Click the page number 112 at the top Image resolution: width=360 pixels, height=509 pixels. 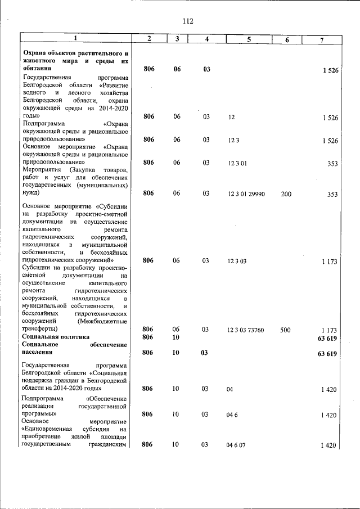(x=187, y=21)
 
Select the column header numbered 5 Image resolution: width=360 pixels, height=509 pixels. (x=248, y=39)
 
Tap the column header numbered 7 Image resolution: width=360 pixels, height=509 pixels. (x=321, y=39)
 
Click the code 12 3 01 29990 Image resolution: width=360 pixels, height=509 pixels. (x=246, y=194)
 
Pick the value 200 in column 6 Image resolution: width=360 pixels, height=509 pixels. (x=286, y=194)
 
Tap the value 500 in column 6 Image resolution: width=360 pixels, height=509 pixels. (x=286, y=330)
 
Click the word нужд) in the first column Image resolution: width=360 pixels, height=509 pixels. (x=31, y=193)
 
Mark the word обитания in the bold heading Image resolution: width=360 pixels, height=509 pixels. (x=37, y=68)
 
